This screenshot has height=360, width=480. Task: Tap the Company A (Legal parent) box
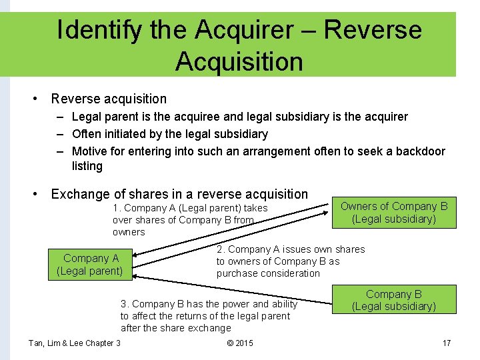click(90, 265)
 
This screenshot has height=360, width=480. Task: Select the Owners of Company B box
click(394, 213)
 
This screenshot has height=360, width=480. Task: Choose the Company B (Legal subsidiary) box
click(394, 300)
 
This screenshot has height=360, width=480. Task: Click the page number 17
click(447, 343)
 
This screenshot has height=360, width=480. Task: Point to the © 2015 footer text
click(240, 343)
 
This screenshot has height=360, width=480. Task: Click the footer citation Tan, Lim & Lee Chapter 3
click(75, 343)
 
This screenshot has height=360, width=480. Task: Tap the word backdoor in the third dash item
click(420, 151)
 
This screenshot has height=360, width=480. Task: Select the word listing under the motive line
click(87, 166)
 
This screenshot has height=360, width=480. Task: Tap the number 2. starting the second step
click(221, 249)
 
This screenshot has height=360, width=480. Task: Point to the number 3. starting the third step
click(125, 304)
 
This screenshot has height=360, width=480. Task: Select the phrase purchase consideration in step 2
click(268, 273)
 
